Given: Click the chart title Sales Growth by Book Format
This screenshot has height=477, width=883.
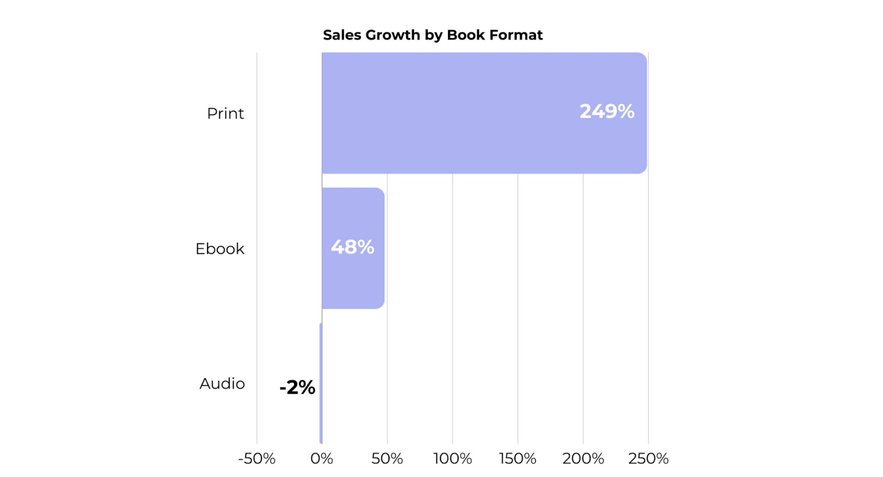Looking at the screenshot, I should pos(433,35).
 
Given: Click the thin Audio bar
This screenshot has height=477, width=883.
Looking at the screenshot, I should pos(321,383).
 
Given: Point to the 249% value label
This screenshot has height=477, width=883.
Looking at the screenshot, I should pos(607,112).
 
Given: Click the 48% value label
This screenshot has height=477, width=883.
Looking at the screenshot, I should pos(352,247).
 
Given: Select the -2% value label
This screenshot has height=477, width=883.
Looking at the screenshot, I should pos(297,387).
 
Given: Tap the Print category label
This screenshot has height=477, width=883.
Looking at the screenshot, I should pos(225,113).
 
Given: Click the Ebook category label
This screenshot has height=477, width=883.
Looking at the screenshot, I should pos(220,248).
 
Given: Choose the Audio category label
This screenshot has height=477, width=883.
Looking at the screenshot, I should pos(222,383).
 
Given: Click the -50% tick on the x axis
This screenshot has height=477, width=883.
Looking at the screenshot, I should pos(257,458).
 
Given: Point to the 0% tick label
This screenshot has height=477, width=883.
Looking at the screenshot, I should pos(322,458).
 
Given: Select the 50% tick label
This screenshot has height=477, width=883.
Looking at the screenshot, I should pos(387,458).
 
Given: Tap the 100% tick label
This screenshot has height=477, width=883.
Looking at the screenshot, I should pos(453,458).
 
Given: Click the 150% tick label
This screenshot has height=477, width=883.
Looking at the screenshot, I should pos(518,458).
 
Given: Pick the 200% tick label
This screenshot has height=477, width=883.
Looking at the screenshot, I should pos(583,458).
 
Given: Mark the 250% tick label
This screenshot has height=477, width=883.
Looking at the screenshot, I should pos(648,458).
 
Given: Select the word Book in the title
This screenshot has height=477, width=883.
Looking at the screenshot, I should pos(466,35).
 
